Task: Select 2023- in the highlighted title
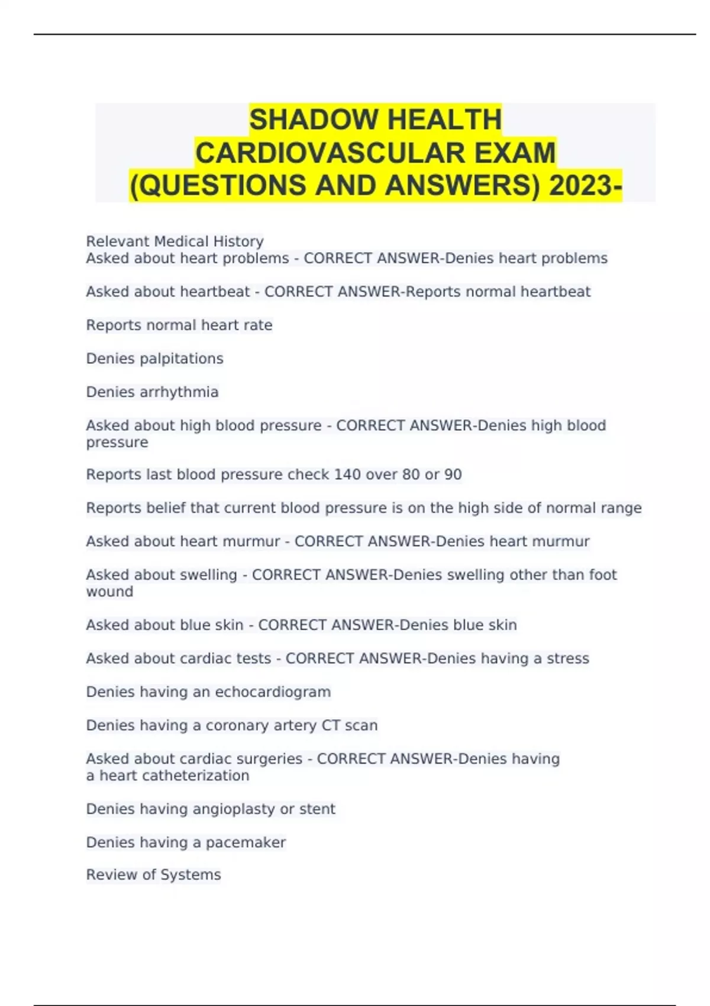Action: click(x=585, y=186)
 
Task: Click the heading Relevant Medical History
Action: click(x=175, y=241)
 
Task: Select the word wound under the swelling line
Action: click(x=109, y=592)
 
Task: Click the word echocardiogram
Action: click(x=273, y=692)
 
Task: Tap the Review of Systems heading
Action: click(x=153, y=875)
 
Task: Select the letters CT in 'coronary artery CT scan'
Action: click(x=331, y=726)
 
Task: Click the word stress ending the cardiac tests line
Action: click(x=567, y=659)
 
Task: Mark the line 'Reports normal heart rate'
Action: click(x=179, y=325)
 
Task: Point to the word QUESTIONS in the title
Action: click(x=221, y=186)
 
